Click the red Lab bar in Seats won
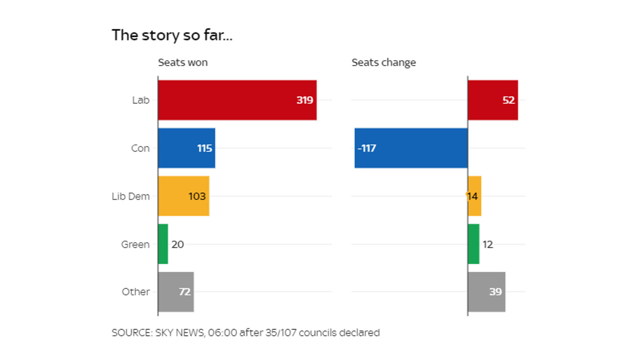coord(237,100)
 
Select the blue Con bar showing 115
coord(186,148)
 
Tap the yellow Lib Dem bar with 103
coord(183,196)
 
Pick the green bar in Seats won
coord(163,244)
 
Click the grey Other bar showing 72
coord(176,292)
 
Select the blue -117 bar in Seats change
coord(411,148)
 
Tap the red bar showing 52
coord(492,100)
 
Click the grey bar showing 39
coord(486,292)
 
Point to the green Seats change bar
coord(474,244)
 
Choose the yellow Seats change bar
coord(475,196)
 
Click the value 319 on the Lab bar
coord(304,100)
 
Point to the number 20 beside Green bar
coord(178,244)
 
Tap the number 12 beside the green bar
coord(488,244)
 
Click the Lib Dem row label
coord(130,196)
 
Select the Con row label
coord(140,148)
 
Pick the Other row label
coord(136,292)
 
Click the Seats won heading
coord(182,62)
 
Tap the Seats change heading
coord(383,62)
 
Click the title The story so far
coord(172,35)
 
